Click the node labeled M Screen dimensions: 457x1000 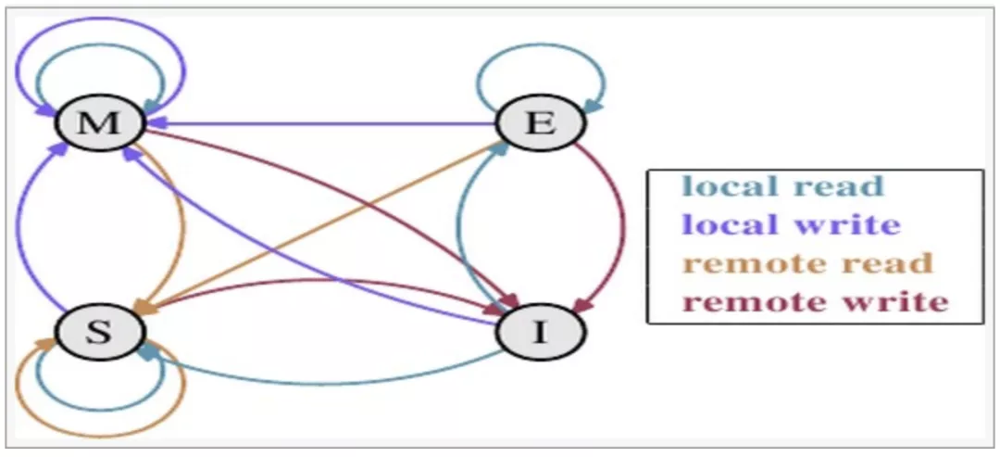99,123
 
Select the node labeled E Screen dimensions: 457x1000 542,123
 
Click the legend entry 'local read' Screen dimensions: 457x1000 783,187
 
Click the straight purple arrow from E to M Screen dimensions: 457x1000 324,122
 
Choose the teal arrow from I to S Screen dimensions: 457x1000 324,382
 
